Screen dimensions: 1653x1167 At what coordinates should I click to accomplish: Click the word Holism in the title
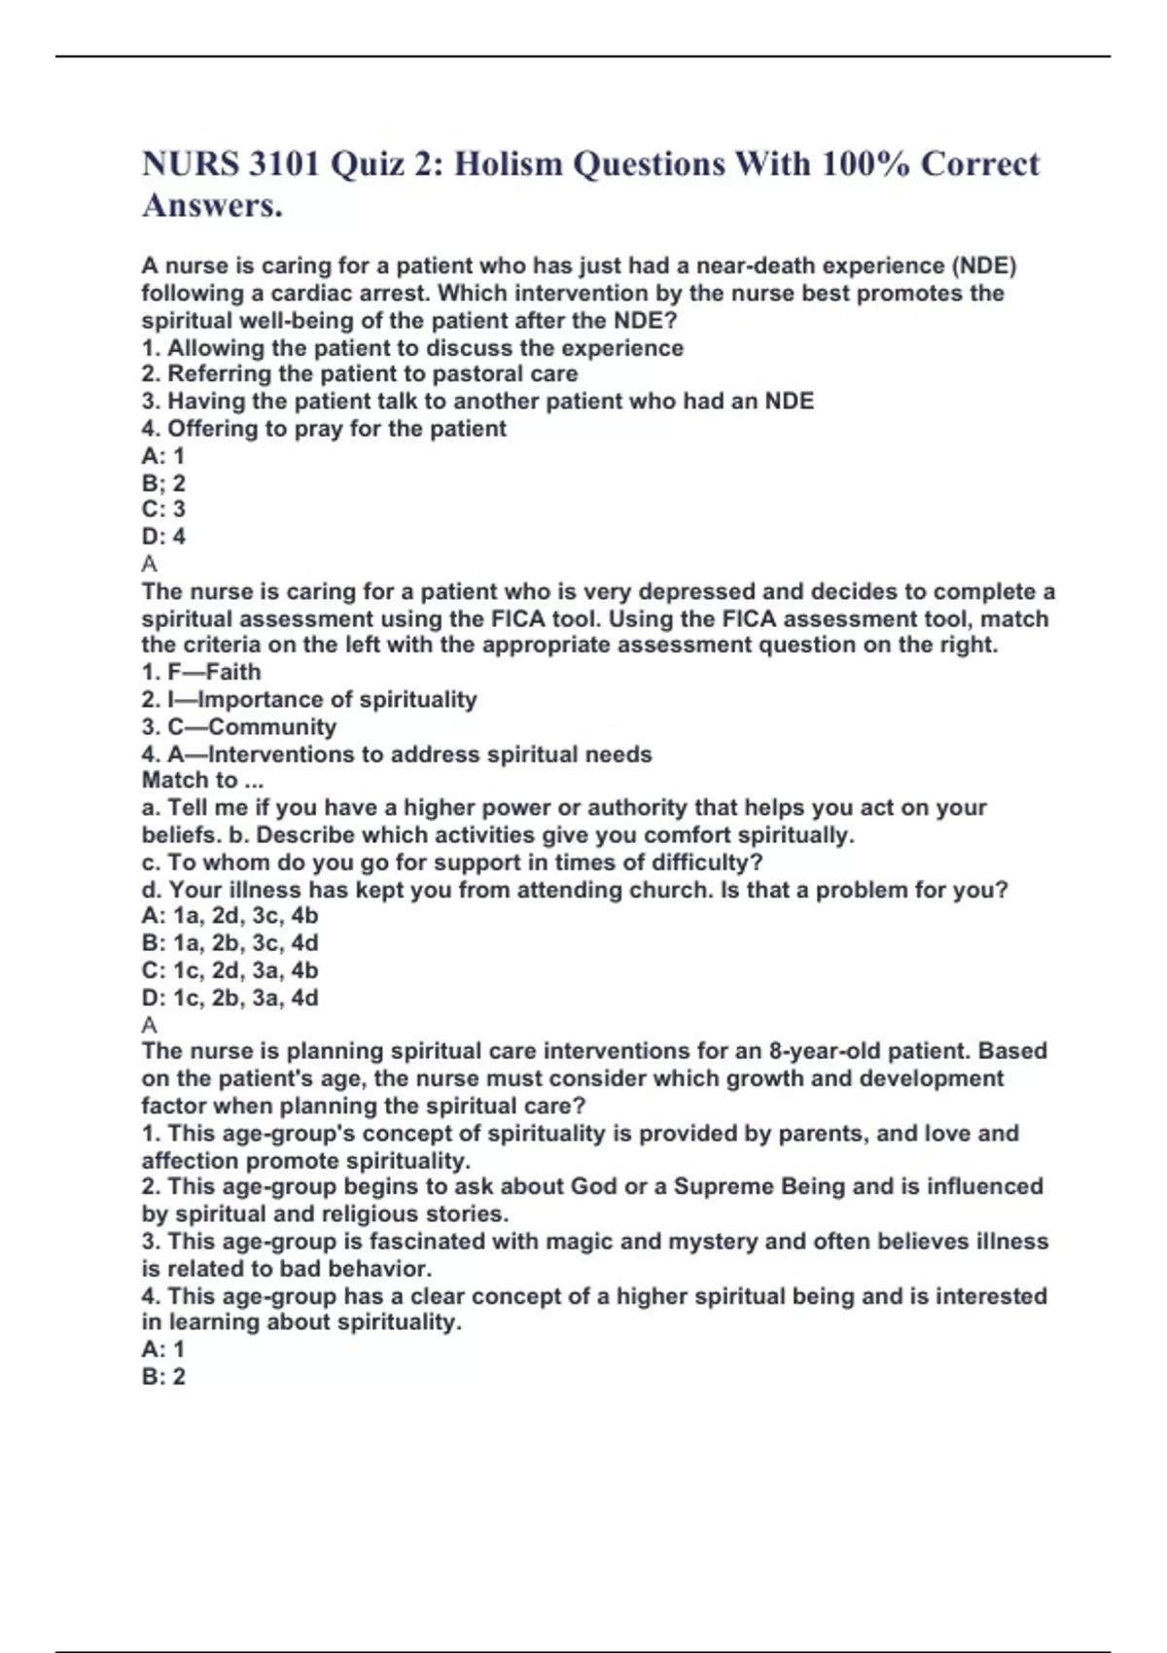pos(508,163)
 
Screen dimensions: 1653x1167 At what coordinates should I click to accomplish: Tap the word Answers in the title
pos(212,205)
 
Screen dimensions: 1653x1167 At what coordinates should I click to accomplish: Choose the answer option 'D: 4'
pos(163,536)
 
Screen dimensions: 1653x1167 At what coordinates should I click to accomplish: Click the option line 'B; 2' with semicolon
pos(163,482)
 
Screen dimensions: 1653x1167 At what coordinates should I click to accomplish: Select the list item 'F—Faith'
pos(201,672)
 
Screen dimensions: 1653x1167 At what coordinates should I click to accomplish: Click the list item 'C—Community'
pos(239,726)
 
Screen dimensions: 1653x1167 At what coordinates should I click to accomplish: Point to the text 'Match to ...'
pos(202,780)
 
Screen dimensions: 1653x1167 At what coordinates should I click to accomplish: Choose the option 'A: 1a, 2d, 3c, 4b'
pos(230,915)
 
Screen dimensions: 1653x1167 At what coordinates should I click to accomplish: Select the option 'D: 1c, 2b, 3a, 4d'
pos(230,997)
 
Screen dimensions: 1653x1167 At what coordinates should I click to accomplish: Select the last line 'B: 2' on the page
pos(163,1376)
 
